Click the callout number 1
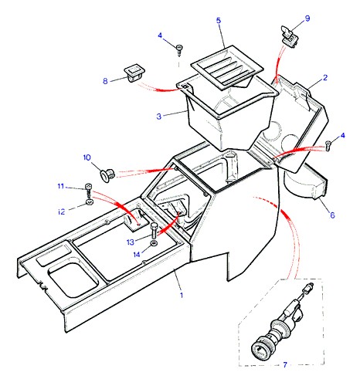tap(182, 295)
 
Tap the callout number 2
tap(325, 77)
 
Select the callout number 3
tap(159, 117)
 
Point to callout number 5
tap(219, 20)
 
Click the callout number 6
tap(332, 215)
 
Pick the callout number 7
tap(285, 364)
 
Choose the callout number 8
tap(105, 81)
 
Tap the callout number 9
tap(307, 19)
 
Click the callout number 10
tap(87, 157)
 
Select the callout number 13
tap(131, 242)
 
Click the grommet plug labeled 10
tap(107, 174)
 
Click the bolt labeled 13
tap(153, 230)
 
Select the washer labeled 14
tap(154, 243)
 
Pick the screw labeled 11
tap(88, 190)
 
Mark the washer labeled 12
tap(89, 202)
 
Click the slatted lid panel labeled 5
tap(227, 67)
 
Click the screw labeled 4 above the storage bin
tap(179, 50)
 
